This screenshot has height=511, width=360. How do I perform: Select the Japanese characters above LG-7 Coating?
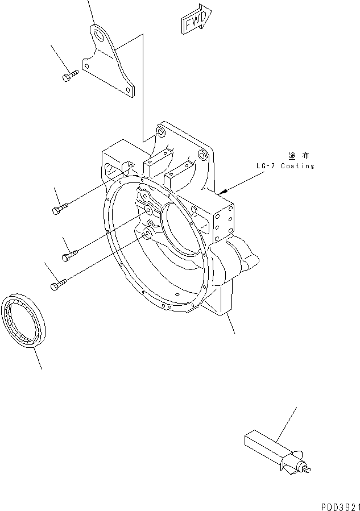tap(298, 155)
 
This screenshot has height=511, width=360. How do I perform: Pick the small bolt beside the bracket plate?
tap(68, 75)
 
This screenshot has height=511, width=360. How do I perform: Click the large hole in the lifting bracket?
tap(102, 37)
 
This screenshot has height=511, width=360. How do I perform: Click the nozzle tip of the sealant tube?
tap(307, 468)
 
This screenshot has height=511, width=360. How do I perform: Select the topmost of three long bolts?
tap(60, 209)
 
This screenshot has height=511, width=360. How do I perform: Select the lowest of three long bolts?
tap(60, 284)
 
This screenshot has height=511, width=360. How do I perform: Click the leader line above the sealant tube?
tap(287, 423)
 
